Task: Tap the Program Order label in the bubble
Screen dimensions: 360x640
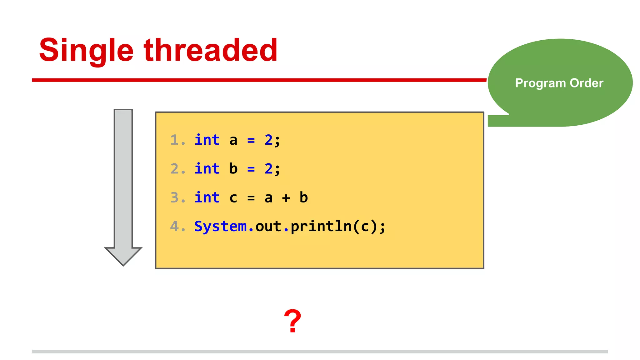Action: coord(559,83)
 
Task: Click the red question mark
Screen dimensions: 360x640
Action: coord(292,321)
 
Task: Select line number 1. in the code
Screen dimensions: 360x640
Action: coord(177,140)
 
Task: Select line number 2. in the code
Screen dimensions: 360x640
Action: coord(177,169)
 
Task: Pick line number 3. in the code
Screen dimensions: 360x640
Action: coord(177,197)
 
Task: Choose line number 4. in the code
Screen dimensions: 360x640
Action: coord(177,226)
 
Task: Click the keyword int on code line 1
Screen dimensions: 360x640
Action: coord(207,140)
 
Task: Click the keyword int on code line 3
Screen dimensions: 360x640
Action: coord(207,197)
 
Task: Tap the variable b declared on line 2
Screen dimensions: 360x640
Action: coord(233,168)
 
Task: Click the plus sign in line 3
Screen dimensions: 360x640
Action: coord(286,198)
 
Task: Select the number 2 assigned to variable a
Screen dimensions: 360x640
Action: coord(268,140)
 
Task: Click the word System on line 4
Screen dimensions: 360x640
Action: coord(220,226)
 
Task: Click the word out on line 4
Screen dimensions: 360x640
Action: coord(268,226)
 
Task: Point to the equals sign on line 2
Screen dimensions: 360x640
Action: coord(251,169)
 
